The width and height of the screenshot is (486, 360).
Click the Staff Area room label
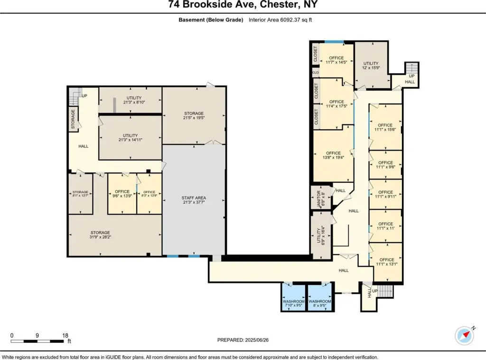194,198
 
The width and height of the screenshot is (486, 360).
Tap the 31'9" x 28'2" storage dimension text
100,237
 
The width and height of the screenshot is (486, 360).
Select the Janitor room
321,197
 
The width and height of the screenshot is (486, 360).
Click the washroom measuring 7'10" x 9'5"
293,297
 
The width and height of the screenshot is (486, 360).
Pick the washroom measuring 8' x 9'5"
320,297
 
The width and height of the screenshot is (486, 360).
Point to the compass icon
464,335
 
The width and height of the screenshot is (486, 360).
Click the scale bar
37,341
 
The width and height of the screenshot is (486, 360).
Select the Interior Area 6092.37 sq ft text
280,20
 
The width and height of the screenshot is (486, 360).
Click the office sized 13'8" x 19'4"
333,155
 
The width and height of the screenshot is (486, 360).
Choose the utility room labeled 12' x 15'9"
371,65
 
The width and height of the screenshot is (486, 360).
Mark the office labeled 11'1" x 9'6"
385,165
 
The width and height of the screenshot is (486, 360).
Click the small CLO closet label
316,73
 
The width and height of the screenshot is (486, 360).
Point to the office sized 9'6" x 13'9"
122,194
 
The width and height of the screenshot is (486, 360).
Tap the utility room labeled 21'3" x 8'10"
131,100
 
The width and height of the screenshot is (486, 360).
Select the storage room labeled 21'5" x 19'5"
194,115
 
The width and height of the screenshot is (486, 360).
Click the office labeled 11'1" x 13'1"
386,262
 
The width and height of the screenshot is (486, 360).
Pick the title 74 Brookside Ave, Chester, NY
243,5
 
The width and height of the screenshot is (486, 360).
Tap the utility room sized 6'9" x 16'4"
321,235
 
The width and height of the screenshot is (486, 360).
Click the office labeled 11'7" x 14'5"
336,60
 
